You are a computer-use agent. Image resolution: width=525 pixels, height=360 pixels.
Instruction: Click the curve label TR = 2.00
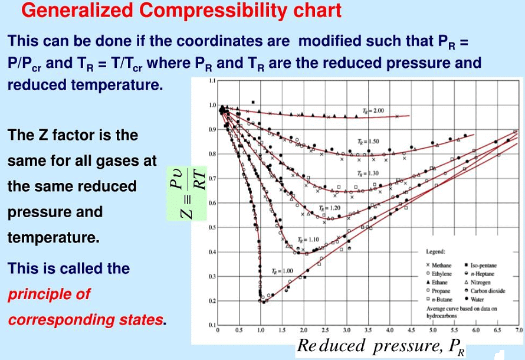pos(373,110)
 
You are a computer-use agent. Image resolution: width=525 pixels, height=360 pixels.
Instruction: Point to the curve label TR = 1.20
pos(330,208)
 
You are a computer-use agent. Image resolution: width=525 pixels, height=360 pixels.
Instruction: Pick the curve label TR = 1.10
pos(309,240)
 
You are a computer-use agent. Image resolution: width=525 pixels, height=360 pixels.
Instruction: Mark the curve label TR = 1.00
pos(282,271)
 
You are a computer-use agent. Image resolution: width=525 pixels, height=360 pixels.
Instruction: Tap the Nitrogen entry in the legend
pos(481,283)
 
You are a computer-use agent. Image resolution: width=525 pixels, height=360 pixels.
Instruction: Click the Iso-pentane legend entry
pos(483,266)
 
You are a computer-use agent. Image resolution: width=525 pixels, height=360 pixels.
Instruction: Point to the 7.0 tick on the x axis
pos(519,330)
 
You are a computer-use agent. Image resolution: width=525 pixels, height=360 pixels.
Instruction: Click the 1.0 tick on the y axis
pos(212,105)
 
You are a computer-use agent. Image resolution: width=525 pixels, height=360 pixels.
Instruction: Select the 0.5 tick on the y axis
pos(212,227)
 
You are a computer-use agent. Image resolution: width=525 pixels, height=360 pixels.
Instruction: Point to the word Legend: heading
pos(435,252)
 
